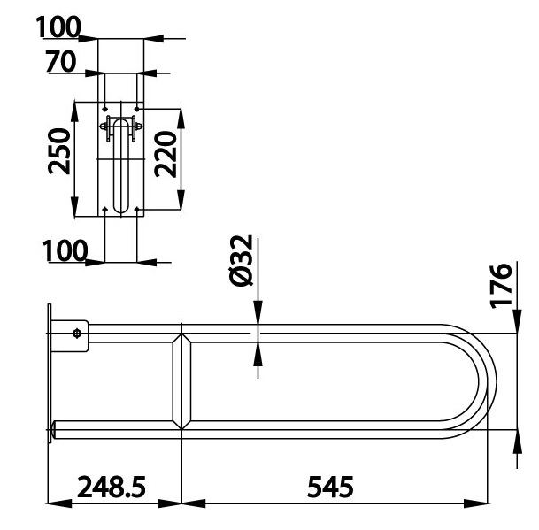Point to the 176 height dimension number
click(x=502, y=285)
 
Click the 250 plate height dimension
click(x=58, y=151)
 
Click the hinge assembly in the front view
click(x=119, y=127)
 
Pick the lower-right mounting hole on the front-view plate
click(x=137, y=209)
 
